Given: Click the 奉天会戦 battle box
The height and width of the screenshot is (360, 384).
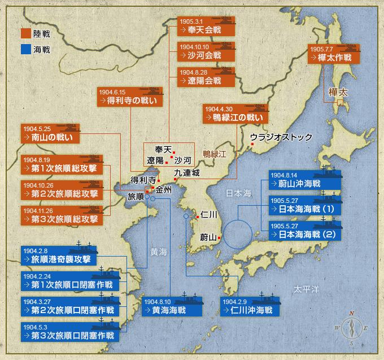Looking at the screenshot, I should tap(206, 27).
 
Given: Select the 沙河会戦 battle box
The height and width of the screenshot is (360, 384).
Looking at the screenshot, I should tap(206, 51).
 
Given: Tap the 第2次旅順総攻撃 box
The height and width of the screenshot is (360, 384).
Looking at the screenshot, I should tap(63, 189).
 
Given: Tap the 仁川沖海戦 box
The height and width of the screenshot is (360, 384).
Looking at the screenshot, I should tap(247, 306).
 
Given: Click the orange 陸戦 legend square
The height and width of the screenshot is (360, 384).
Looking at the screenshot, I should tap(25, 33).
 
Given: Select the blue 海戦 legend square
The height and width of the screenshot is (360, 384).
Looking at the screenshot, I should tap(25, 49).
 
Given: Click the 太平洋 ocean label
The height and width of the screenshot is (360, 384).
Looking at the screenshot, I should tap(306, 289).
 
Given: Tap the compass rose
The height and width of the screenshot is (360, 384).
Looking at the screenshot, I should tap(351, 328).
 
